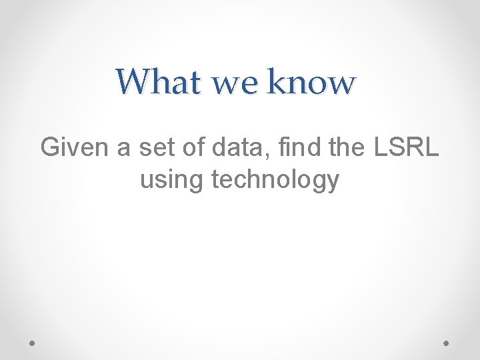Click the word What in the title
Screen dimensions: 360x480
point(158,82)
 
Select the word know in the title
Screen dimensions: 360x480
point(311,82)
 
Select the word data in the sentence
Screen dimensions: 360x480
point(237,147)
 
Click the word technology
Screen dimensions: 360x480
point(275,180)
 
